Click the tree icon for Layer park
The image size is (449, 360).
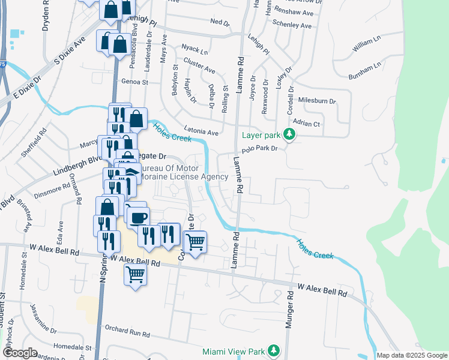pyautogui.click(x=289, y=134)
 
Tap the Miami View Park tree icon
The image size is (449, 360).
pyautogui.click(x=274, y=350)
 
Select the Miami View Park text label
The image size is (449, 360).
pyautogui.click(x=234, y=350)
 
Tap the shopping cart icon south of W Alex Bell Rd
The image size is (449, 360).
pyautogui.click(x=136, y=275)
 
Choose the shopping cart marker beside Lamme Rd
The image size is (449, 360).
pyautogui.click(x=195, y=242)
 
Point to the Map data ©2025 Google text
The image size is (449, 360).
pyautogui.click(x=412, y=355)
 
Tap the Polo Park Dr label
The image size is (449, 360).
pyautogui.click(x=259, y=149)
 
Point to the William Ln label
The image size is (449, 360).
pyautogui.click(x=367, y=42)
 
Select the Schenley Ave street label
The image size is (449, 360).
pyautogui.click(x=292, y=26)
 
